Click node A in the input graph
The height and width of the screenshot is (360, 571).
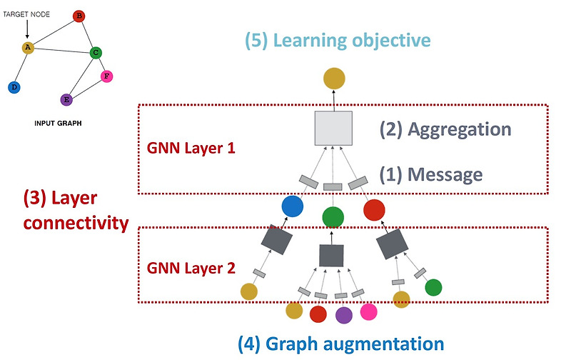[x=28, y=49]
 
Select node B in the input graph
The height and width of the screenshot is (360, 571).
[x=79, y=16]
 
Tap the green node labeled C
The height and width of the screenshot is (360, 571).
[x=96, y=52]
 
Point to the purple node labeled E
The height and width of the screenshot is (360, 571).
[x=66, y=100]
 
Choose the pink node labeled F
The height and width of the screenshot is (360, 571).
[x=107, y=76]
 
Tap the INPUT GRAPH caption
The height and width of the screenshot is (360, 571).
[x=59, y=123]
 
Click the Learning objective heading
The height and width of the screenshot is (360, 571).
[x=338, y=39]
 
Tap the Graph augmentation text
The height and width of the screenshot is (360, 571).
[x=340, y=343]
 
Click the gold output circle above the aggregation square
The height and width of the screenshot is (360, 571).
[x=333, y=79]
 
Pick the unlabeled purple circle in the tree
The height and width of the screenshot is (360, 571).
[x=344, y=314]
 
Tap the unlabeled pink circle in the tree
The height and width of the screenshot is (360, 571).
[x=368, y=311]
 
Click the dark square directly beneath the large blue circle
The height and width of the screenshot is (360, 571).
[x=275, y=241]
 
